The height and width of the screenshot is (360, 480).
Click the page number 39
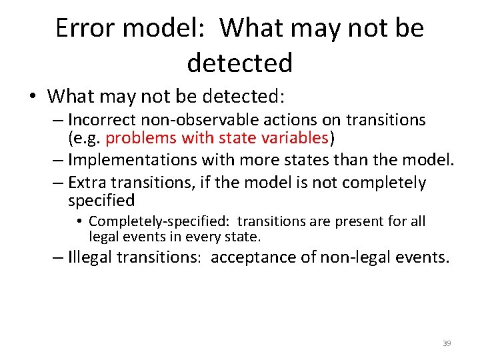tap(447, 343)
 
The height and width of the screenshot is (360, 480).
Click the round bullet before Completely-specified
tap(79, 221)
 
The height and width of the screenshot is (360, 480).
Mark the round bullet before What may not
tap(33, 97)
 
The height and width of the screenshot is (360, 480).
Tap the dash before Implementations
tap(58, 160)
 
